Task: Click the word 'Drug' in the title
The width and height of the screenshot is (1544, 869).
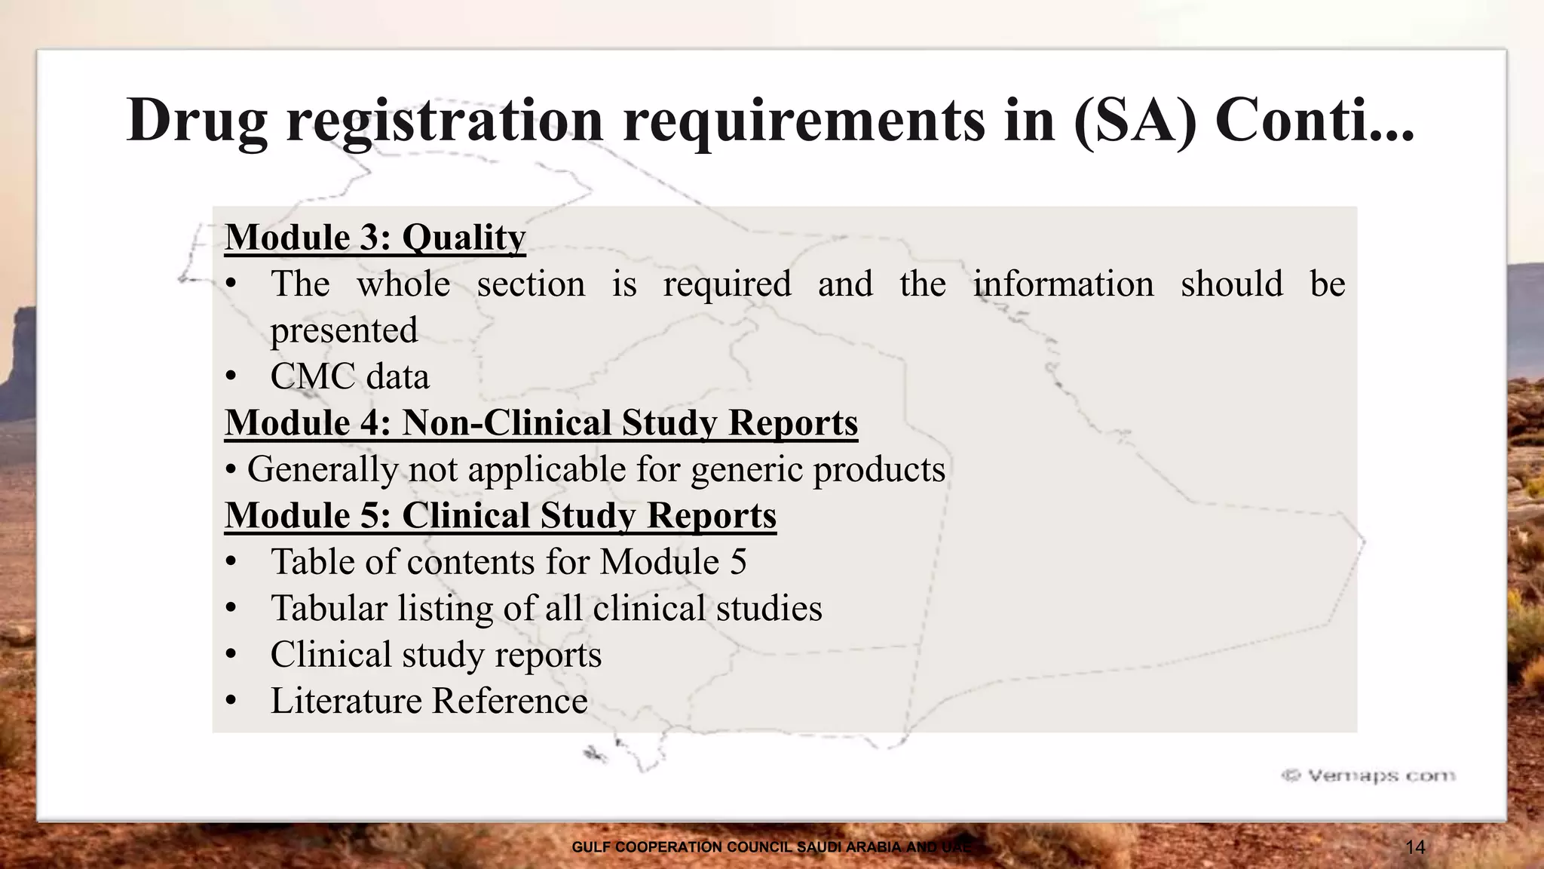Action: [197, 121]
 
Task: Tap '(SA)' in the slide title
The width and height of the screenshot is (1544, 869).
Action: [1135, 121]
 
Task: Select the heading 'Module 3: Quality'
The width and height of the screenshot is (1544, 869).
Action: [375, 238]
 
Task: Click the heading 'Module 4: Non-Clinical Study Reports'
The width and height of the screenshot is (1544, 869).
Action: [541, 422]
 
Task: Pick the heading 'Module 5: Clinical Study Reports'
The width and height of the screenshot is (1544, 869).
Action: [500, 516]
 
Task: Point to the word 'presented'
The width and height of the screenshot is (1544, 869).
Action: [344, 330]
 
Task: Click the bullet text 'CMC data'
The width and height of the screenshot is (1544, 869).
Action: [350, 376]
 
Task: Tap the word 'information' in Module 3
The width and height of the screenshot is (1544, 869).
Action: [1063, 284]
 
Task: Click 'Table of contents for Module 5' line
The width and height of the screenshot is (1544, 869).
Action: [508, 562]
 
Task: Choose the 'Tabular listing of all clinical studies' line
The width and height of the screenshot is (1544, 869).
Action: [546, 609]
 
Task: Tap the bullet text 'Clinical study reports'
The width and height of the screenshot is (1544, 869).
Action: [436, 655]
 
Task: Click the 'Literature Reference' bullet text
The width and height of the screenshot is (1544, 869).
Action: [429, 702]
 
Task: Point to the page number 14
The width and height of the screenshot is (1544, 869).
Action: [1415, 847]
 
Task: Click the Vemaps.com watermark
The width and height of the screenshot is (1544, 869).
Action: [1368, 775]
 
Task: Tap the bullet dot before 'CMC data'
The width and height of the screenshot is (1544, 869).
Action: [231, 377]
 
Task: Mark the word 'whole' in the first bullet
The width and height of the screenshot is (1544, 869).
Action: [403, 284]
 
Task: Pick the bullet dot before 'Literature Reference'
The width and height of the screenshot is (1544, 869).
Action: [231, 702]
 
